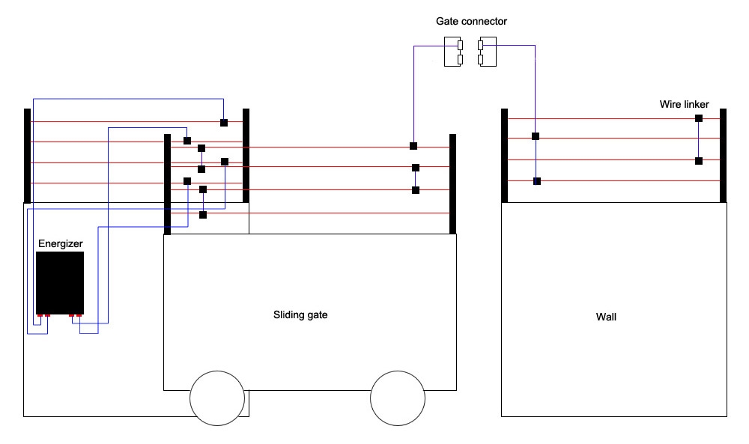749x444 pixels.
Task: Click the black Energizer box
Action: point(60,282)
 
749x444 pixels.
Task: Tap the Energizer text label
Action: point(59,244)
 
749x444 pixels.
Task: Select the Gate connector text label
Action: point(466,22)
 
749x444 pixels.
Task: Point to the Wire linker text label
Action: point(684,104)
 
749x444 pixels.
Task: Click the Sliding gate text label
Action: point(300,315)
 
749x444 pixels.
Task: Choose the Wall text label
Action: point(606,317)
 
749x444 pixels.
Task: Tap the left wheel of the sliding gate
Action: point(217,397)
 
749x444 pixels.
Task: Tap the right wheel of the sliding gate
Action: point(398,397)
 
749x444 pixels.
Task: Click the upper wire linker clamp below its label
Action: point(699,118)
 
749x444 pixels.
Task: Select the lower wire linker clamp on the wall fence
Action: point(699,161)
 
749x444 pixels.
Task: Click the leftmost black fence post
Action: point(27,156)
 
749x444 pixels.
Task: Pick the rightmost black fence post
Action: point(723,156)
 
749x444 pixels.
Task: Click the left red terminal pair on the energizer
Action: point(43,315)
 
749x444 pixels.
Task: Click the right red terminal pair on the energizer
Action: point(76,315)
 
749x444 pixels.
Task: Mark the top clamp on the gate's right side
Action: point(413,145)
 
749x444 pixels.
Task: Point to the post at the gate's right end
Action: point(452,183)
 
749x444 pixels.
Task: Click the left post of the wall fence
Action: point(505,156)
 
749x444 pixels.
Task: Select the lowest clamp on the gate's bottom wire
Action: point(203,215)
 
